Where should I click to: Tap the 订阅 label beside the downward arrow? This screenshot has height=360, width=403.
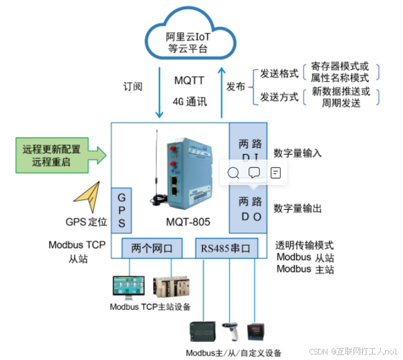(133, 86)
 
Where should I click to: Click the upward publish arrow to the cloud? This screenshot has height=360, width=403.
(221, 87)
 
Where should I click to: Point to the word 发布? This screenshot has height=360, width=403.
(236, 86)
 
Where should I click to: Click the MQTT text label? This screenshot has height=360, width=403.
(189, 81)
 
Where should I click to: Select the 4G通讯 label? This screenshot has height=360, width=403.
(189, 101)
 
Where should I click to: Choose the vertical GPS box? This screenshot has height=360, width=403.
(121, 210)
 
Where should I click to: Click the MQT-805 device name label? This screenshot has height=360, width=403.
(188, 222)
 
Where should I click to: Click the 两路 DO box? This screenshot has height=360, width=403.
(250, 209)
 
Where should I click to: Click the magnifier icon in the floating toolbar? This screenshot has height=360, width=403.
(233, 173)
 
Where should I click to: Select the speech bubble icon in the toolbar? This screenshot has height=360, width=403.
(254, 173)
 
